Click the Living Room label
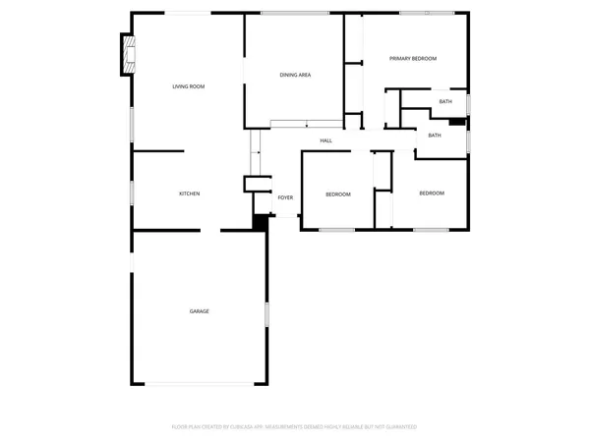coord(189,87)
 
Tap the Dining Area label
coord(296,75)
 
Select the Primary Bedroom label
coord(413,59)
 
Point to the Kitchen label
coord(189,193)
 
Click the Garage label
coord(199,311)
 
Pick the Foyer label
coord(285,197)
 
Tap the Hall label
coord(325,140)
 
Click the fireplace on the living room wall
coord(125,54)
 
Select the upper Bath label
coord(445,102)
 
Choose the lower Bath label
coord(435,136)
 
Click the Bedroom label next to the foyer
coord(338,194)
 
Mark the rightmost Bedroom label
coord(432,193)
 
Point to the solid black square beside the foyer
coord(261,222)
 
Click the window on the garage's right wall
coord(266,315)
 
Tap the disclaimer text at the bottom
coord(295,426)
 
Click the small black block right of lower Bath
coord(457,123)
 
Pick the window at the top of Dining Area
coord(296,13)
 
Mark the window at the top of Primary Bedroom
coord(427,13)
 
